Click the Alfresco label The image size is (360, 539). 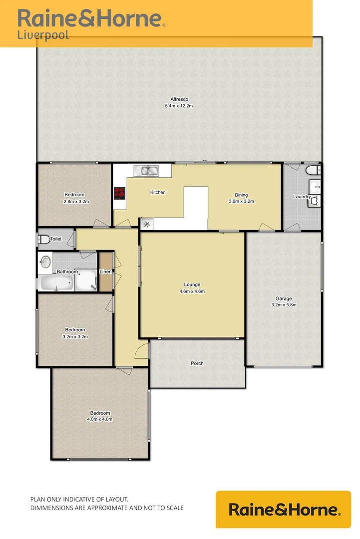point(179,99)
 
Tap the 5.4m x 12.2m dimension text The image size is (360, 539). point(179,106)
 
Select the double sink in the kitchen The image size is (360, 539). point(146,171)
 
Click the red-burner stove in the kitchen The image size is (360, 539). point(119,193)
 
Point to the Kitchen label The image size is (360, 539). point(158,192)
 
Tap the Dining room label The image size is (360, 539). point(241,195)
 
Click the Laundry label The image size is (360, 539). point(302,197)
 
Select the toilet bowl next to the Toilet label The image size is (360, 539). point(43,240)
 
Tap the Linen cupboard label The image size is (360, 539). point(105,271)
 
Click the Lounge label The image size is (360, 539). point(192,285)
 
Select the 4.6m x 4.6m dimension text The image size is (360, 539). point(192,291)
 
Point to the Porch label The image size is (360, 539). point(197,363)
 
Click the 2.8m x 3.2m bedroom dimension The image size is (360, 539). point(75,202)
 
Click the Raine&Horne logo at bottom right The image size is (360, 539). point(284,510)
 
